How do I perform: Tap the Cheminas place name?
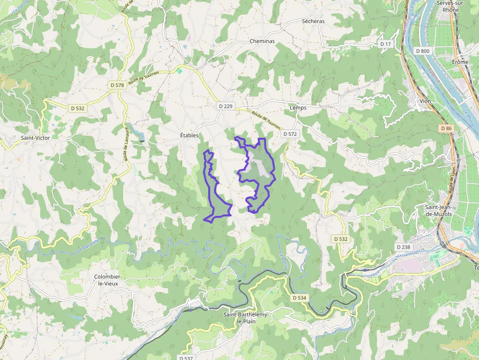262,42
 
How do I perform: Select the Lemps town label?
298,107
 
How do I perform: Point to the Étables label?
189,135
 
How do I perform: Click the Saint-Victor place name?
35,138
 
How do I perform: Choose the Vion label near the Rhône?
425,101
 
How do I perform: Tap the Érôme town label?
460,62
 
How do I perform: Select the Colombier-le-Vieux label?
108,280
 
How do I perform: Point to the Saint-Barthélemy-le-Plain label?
246,318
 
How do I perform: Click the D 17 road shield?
386,44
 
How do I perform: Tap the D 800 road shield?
423,51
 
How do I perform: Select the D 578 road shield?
117,85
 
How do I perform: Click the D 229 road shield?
225,106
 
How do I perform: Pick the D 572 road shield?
290,134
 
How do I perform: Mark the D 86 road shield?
446,128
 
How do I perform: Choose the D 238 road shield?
403,247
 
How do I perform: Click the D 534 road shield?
299,297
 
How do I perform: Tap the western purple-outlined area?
215,195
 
